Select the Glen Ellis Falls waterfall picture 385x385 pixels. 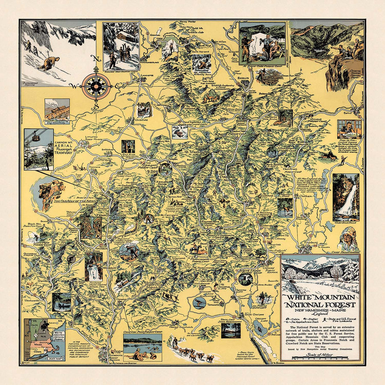point(346,196)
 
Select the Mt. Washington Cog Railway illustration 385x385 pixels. point(57,111)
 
